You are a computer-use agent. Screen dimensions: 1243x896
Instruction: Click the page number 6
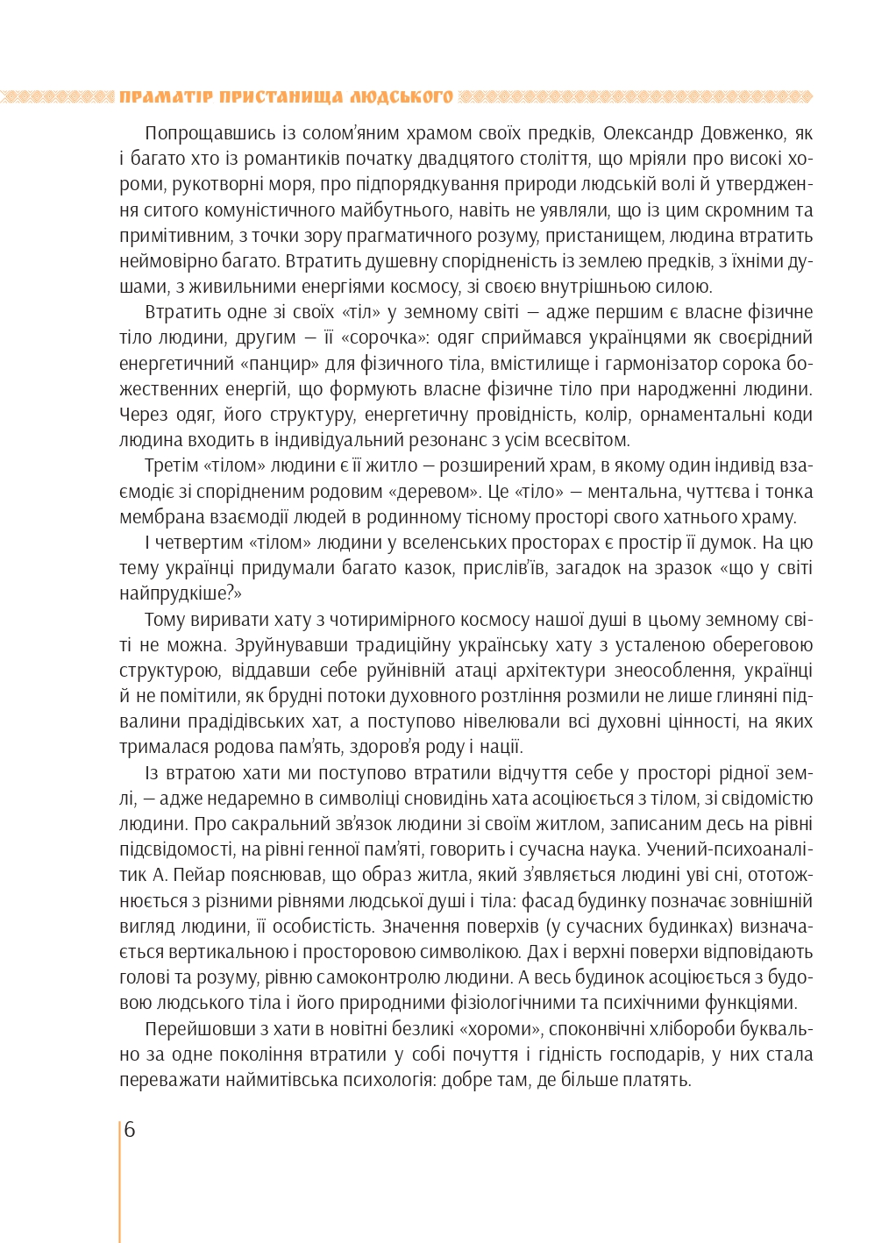click(130, 1130)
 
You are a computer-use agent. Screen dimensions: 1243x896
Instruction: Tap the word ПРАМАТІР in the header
click(165, 96)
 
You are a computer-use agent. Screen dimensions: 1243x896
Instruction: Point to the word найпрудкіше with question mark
click(178, 593)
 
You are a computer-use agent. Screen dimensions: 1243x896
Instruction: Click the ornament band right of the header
click(636, 96)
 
